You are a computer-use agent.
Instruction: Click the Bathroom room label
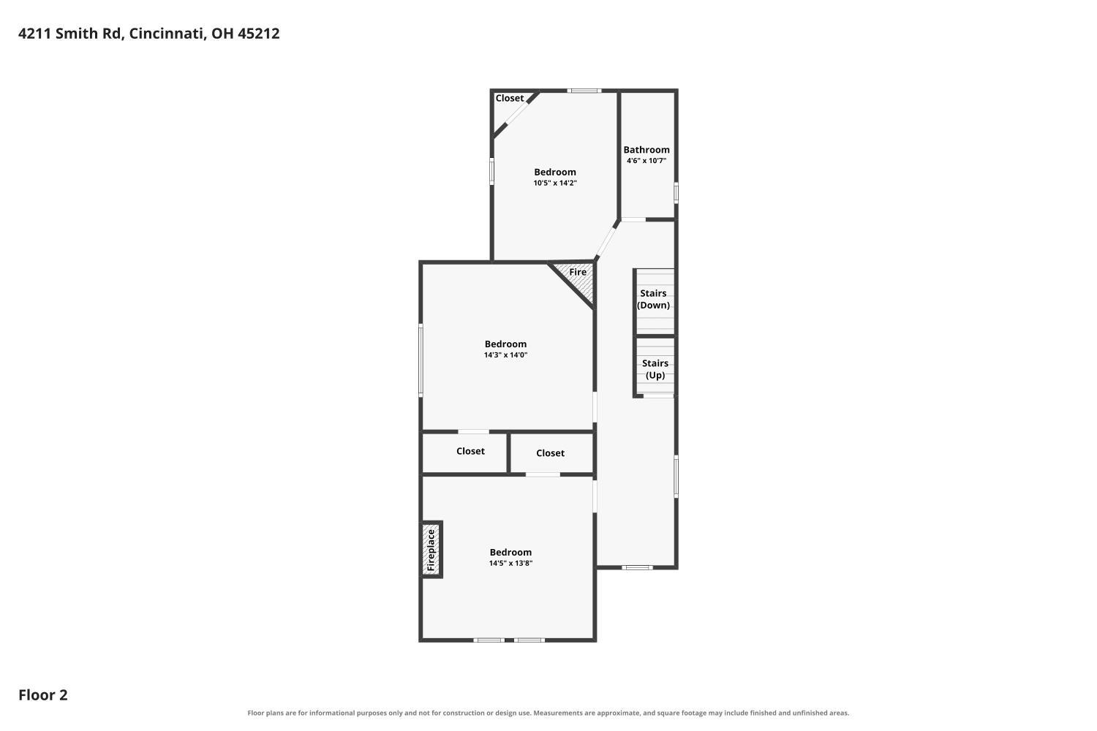pyautogui.click(x=646, y=150)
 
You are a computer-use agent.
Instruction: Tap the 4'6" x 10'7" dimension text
pyautogui.click(x=646, y=161)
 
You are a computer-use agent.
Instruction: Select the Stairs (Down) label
pyautogui.click(x=653, y=299)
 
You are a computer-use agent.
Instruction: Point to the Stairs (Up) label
pyautogui.click(x=655, y=369)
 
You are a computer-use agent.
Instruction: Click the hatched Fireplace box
pyautogui.click(x=431, y=550)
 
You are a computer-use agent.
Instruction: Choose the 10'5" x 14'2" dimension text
pyautogui.click(x=555, y=183)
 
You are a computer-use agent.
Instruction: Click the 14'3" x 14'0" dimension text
pyautogui.click(x=505, y=355)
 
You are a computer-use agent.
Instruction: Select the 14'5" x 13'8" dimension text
pyautogui.click(x=510, y=563)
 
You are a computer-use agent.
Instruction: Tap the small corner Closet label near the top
pyautogui.click(x=509, y=99)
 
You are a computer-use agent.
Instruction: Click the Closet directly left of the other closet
pyautogui.click(x=470, y=451)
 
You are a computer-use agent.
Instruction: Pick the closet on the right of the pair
pyautogui.click(x=550, y=453)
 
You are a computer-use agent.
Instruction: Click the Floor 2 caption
pyautogui.click(x=43, y=694)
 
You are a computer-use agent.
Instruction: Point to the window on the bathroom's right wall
pyautogui.click(x=676, y=193)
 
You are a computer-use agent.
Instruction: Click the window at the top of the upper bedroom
pyautogui.click(x=584, y=91)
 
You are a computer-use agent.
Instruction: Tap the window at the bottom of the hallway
pyautogui.click(x=637, y=568)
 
